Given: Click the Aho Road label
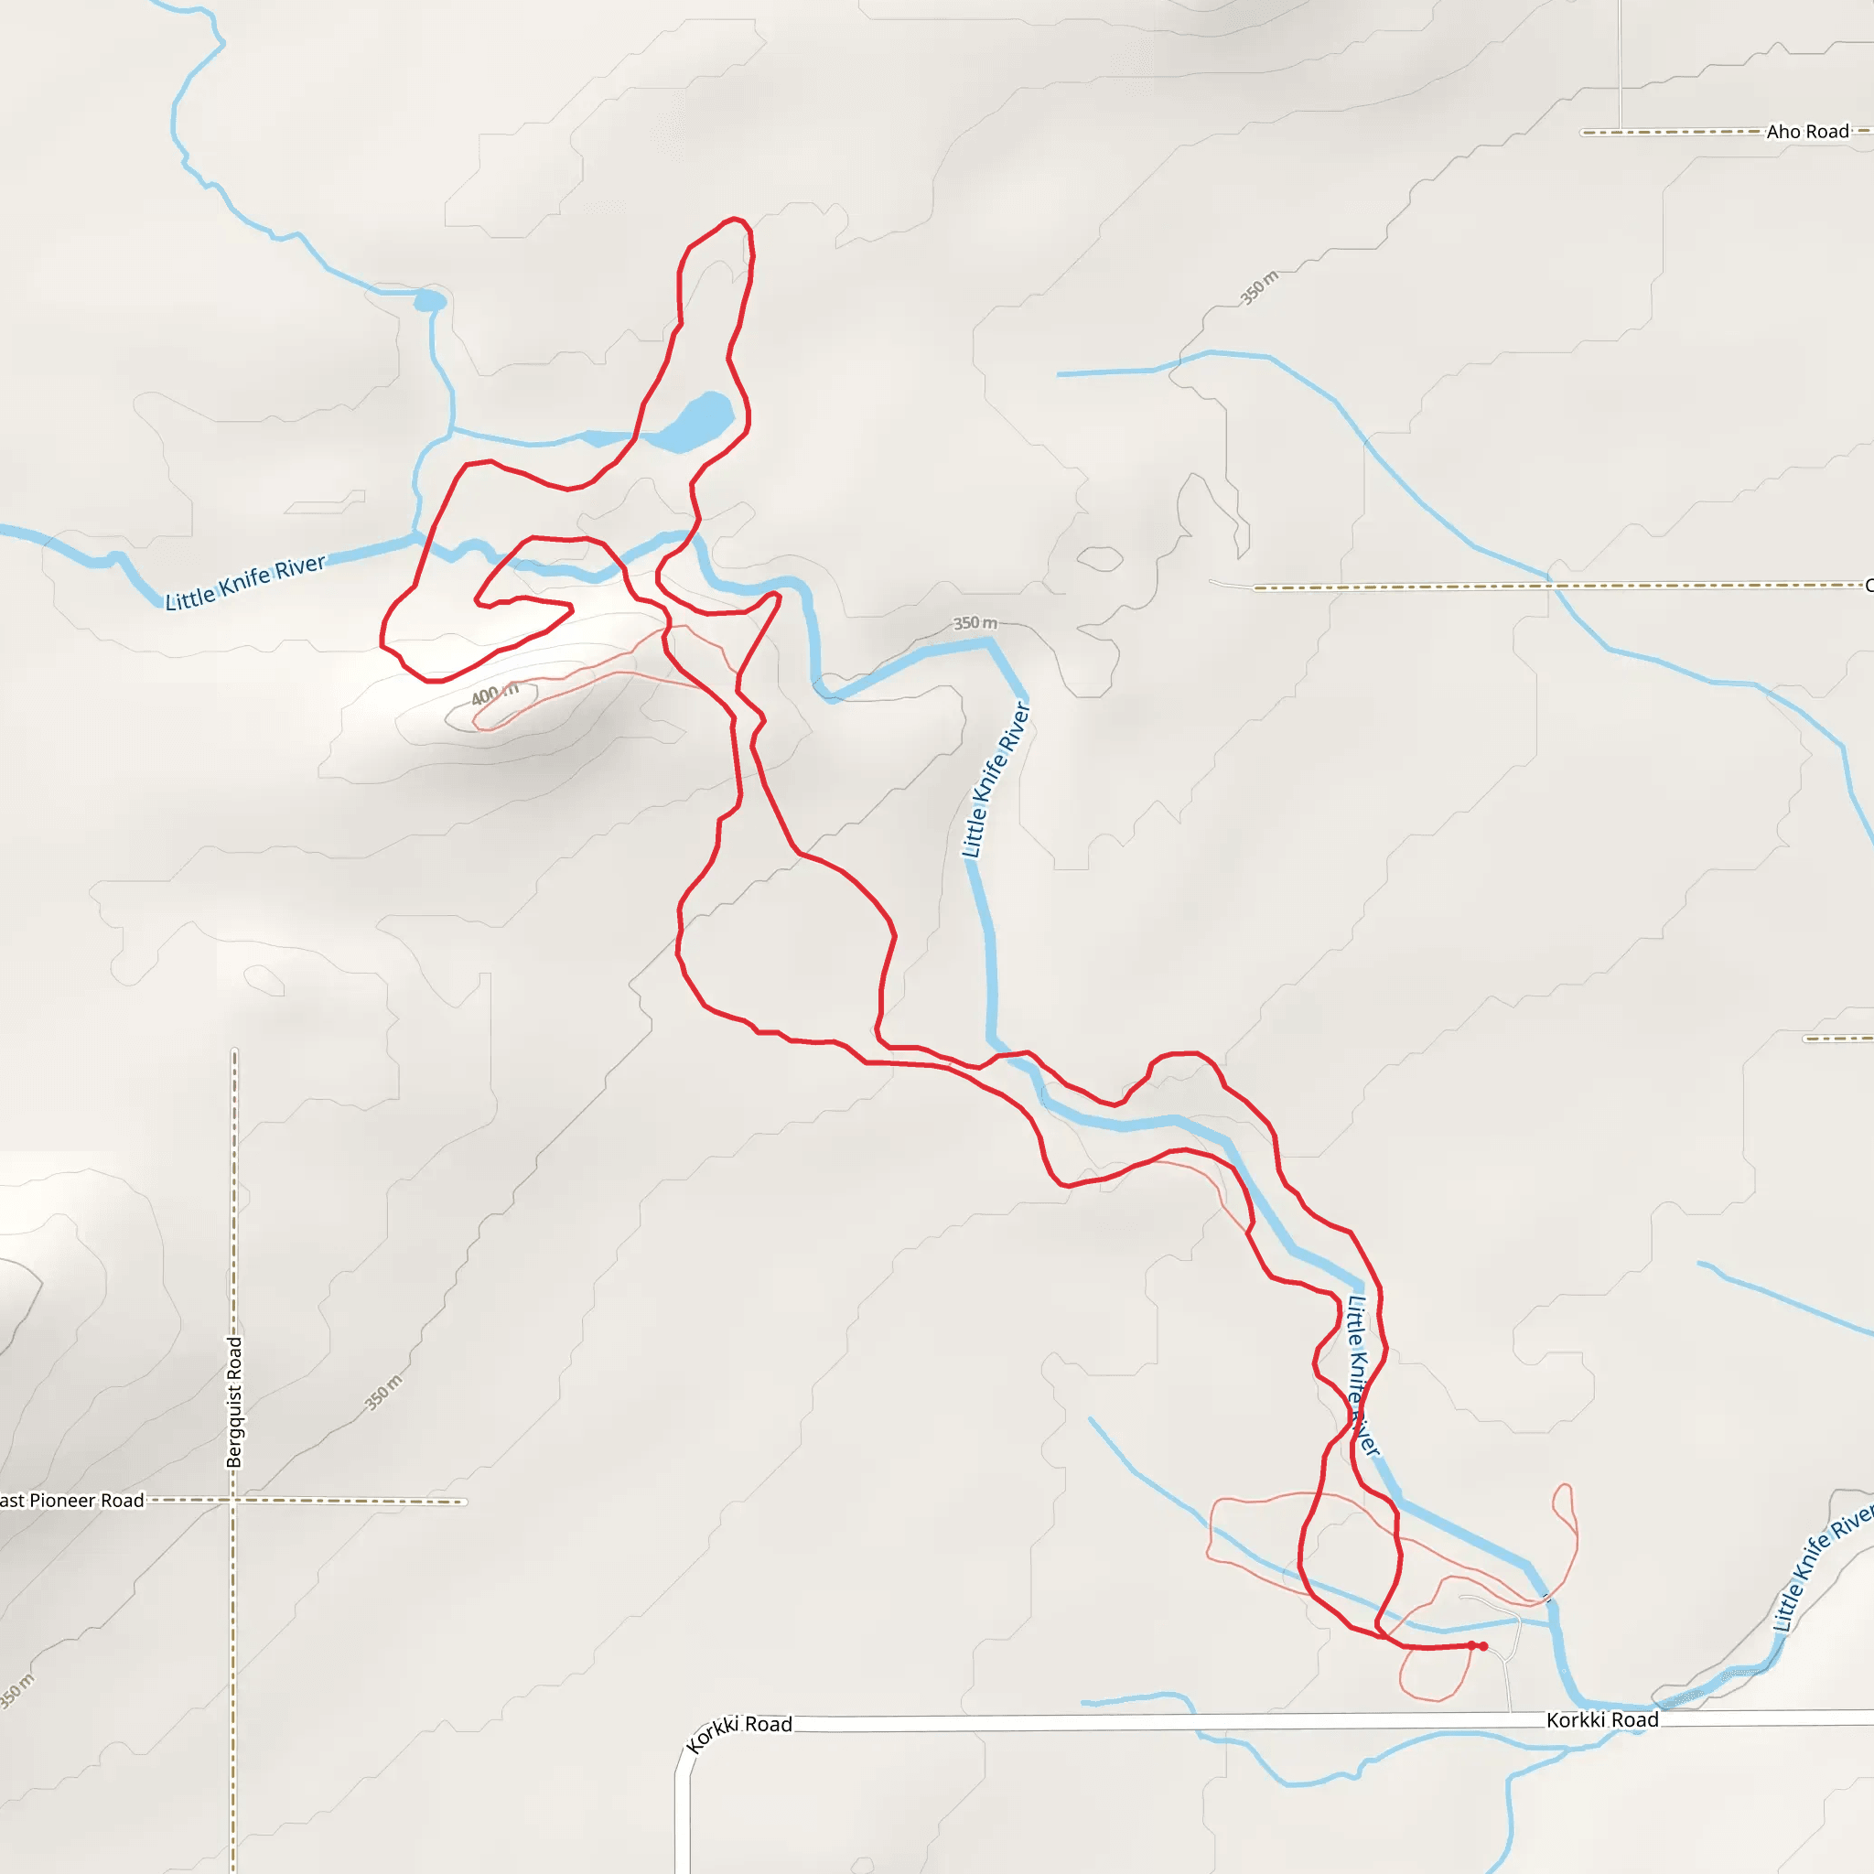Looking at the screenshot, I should [1807, 131].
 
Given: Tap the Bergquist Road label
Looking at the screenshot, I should [233, 1402].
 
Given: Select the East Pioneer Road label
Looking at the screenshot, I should [70, 1501].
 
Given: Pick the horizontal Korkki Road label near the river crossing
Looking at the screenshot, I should [1601, 1719].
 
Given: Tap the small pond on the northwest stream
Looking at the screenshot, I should [430, 302].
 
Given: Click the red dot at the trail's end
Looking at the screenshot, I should [1483, 1646].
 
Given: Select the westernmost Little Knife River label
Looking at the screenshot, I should [245, 582].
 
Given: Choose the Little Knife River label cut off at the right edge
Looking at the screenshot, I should [1824, 1564].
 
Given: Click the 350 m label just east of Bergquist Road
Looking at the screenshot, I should [382, 1393].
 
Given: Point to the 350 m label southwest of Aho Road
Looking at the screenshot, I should [1259, 288].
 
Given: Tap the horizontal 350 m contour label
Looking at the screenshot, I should [974, 623].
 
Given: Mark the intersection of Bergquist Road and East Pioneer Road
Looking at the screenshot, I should [232, 1501].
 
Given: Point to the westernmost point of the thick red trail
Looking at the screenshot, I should [382, 643].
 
